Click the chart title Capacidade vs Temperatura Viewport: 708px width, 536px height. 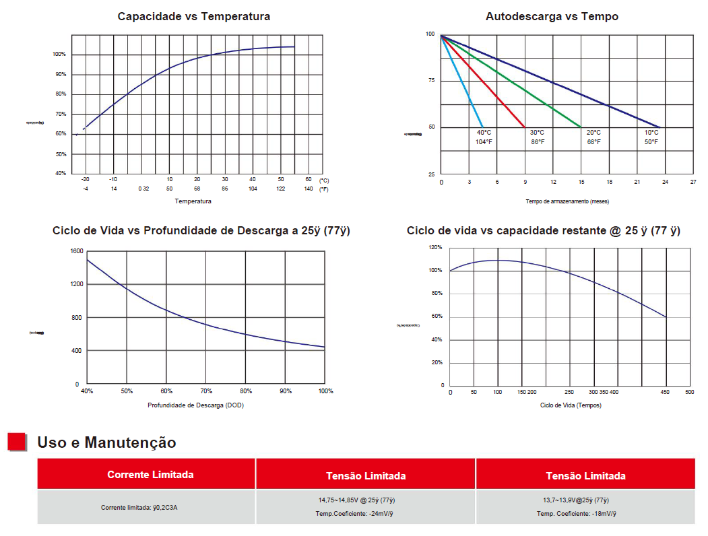pos(193,16)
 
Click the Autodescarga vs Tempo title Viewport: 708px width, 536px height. pos(552,16)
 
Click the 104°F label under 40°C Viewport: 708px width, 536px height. pos(484,142)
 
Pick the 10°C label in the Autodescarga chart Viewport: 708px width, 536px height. pos(651,133)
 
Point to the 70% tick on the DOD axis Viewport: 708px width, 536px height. pos(206,391)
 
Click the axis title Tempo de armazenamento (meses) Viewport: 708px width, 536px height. pos(567,201)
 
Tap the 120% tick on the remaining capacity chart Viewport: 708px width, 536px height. pos(436,248)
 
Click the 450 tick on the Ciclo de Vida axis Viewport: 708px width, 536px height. pos(666,392)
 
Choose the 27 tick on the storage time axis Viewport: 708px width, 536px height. pos(693,182)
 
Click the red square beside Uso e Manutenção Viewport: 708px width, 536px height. pos(16,442)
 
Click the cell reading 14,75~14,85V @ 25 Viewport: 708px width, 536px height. pos(365,500)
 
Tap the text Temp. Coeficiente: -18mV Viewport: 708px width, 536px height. pos(576,514)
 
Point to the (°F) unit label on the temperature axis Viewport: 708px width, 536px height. pos(325,189)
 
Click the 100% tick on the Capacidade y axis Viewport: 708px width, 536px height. pos(59,55)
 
